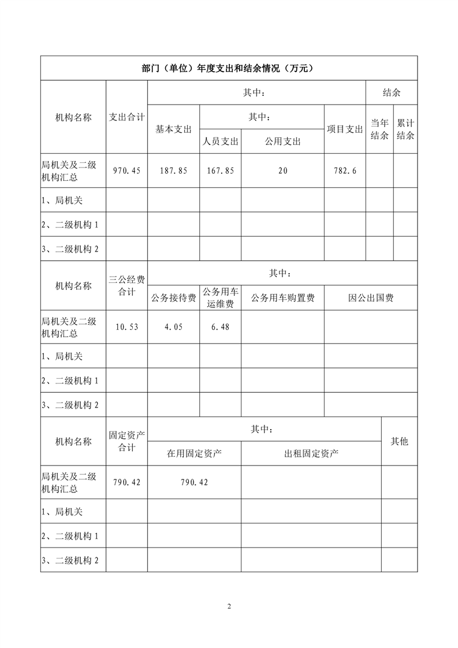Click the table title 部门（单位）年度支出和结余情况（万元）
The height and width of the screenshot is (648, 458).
(228, 68)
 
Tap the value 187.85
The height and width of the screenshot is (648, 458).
(173, 170)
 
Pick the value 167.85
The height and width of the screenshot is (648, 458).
(220, 170)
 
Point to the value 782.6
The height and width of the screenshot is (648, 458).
(345, 170)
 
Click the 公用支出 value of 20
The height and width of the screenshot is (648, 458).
(282, 170)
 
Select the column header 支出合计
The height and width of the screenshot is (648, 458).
(126, 117)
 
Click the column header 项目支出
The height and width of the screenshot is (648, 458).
(345, 129)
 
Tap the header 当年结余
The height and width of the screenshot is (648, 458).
(379, 129)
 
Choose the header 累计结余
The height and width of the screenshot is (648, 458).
(405, 129)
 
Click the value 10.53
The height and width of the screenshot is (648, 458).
(126, 327)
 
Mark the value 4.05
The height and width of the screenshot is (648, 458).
(173, 327)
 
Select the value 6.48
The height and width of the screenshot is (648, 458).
(220, 327)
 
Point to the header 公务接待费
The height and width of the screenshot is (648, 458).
(173, 298)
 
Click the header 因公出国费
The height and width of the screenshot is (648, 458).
(370, 298)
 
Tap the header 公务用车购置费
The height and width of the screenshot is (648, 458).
(282, 298)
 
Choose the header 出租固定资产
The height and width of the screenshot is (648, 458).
(311, 454)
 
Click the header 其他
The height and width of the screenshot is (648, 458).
(399, 441)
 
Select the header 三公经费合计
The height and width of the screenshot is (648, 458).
(126, 286)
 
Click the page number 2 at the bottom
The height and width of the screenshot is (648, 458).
(229, 606)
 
